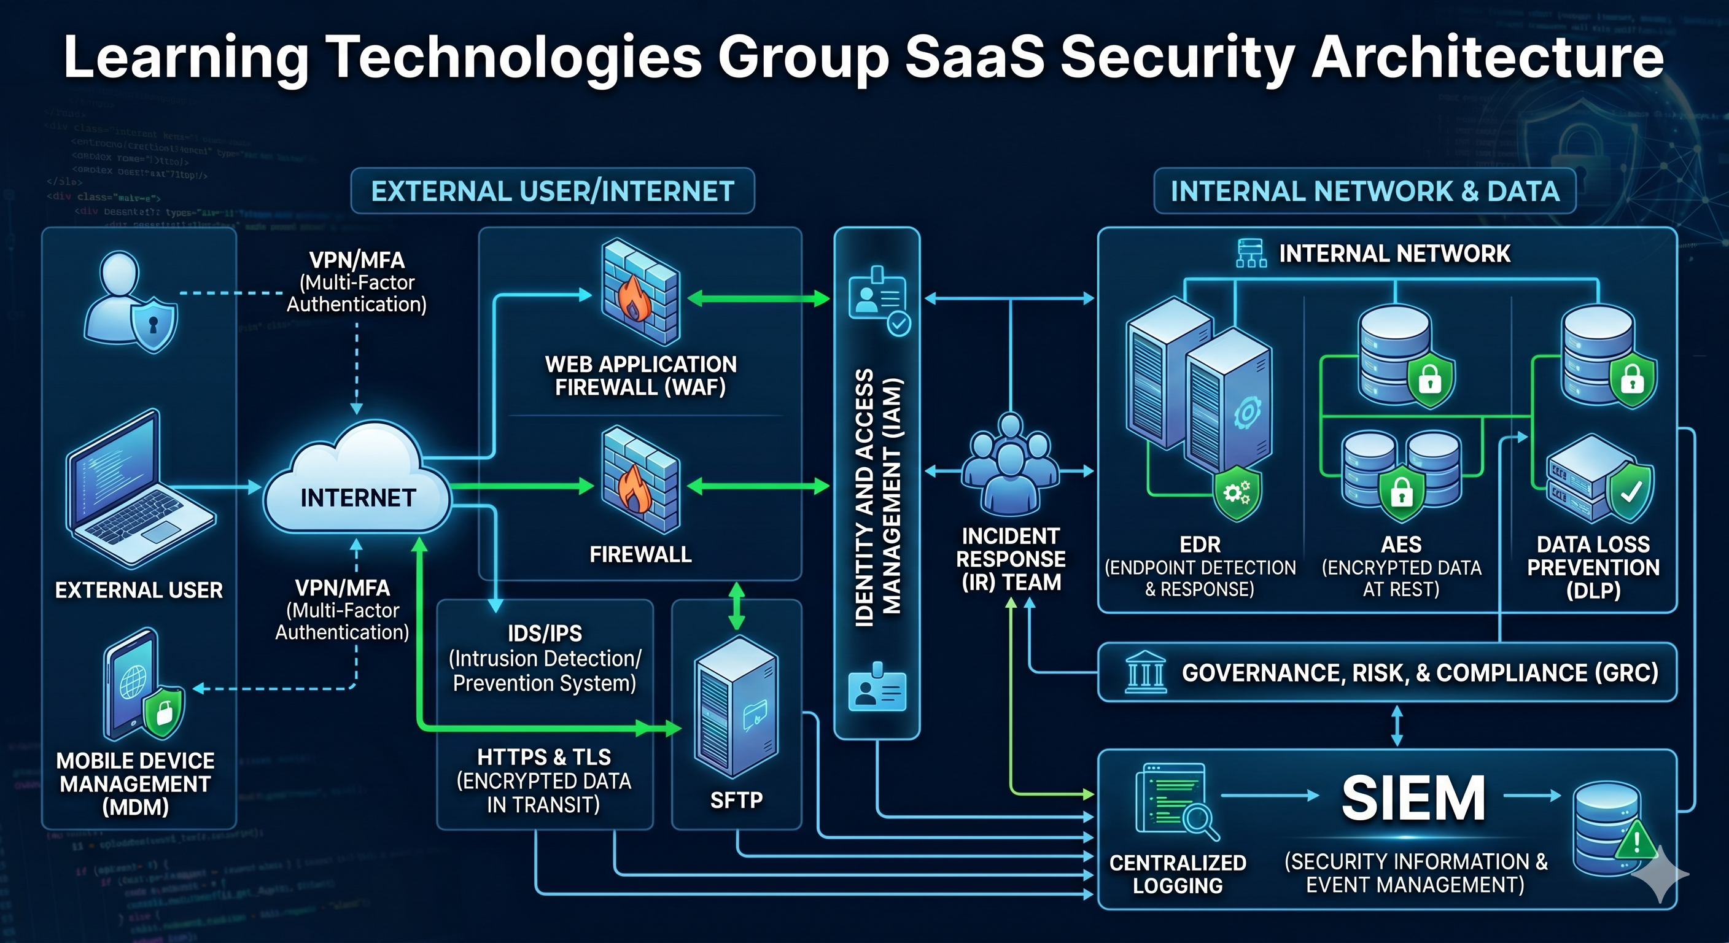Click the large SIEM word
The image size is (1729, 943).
click(x=1413, y=798)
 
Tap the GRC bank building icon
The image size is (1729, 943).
click(x=1145, y=672)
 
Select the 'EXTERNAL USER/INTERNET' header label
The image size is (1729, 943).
click(x=553, y=192)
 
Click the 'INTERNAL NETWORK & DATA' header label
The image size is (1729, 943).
click(x=1364, y=192)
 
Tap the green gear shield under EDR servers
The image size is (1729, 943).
click(x=1237, y=495)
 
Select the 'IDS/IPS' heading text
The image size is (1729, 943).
click(x=545, y=633)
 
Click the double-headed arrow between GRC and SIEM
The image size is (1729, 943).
click(x=1397, y=725)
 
